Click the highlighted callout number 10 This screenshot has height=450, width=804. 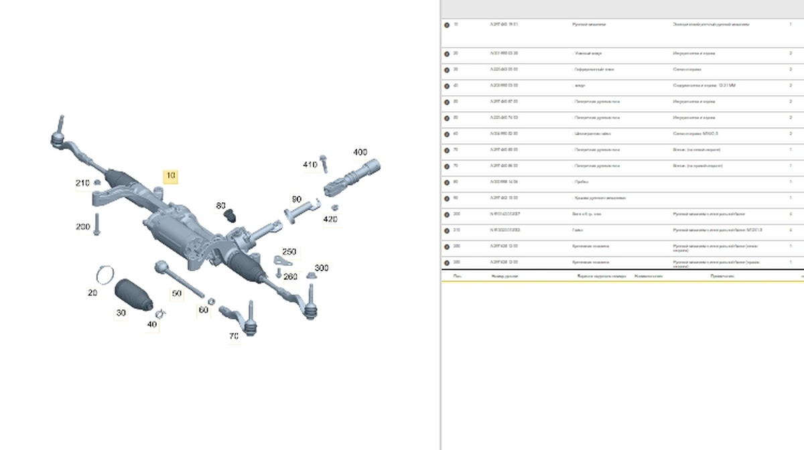point(171,175)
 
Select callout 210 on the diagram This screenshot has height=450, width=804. point(82,183)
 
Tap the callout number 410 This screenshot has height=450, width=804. point(310,165)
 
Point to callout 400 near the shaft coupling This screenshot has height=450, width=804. point(360,153)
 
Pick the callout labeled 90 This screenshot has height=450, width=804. point(296,200)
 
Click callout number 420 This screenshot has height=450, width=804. point(330,219)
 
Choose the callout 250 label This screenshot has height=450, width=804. point(289,252)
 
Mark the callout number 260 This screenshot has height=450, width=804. point(290,277)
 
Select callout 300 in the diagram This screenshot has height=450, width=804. point(322,268)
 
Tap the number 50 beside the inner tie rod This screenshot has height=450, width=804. point(176,293)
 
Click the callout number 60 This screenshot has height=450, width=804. point(203,310)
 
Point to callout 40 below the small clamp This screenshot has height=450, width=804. point(152,325)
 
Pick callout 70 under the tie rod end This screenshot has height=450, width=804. point(233,336)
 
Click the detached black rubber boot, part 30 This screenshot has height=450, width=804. point(133,295)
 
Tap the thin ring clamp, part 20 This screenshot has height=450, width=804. point(106,273)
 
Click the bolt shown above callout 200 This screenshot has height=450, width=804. point(97,222)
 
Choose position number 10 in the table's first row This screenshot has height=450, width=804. point(456,24)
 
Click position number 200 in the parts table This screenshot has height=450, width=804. point(456,214)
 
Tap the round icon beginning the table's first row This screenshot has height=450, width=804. point(447,25)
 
